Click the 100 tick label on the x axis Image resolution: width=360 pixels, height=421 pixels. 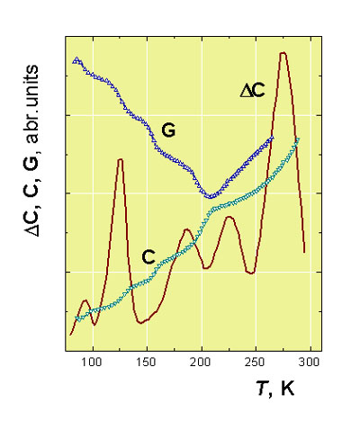click(x=93, y=362)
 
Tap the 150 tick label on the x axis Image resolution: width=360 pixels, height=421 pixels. click(x=147, y=362)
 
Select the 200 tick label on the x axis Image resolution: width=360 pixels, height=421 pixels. click(x=202, y=362)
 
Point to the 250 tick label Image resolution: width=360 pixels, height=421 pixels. click(x=256, y=362)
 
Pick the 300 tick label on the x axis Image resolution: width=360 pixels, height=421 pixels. click(x=310, y=362)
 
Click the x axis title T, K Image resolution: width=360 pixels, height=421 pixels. click(x=276, y=389)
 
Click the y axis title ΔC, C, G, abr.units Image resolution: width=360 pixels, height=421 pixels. click(x=31, y=151)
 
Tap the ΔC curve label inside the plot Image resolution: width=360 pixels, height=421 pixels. click(x=253, y=91)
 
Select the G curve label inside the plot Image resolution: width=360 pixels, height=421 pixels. click(x=168, y=130)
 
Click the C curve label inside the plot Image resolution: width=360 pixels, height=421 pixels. click(x=148, y=257)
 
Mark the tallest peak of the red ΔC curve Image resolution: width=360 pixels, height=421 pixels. click(x=283, y=53)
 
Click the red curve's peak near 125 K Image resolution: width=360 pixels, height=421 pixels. click(x=120, y=159)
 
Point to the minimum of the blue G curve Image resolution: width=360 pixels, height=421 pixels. click(x=210, y=197)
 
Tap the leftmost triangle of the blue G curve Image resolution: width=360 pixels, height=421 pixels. click(x=76, y=60)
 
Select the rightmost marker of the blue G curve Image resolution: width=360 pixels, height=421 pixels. click(x=272, y=138)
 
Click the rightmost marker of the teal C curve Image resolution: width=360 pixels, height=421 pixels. click(x=298, y=139)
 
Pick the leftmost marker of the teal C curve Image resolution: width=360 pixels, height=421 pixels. click(x=78, y=318)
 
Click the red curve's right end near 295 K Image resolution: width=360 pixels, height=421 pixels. click(x=304, y=252)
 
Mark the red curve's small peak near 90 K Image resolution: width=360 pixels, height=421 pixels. click(x=85, y=300)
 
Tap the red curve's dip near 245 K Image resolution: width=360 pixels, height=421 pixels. click(x=251, y=273)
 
